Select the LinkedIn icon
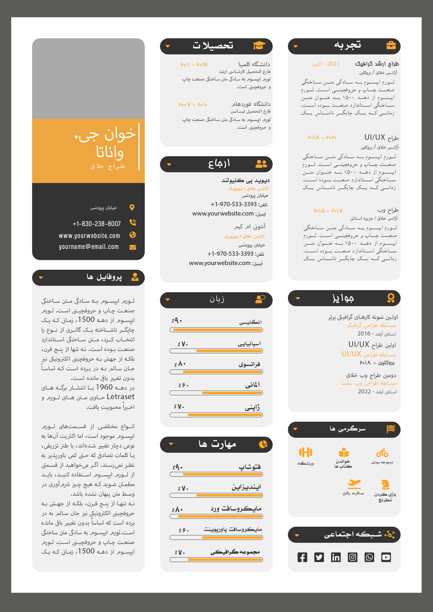[336, 557]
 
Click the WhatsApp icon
[369, 557]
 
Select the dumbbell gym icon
[305, 452]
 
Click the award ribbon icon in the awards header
[391, 298]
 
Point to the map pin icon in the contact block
[132, 207]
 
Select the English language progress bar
[216, 330]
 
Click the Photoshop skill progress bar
[216, 474]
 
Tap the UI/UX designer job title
[381, 138]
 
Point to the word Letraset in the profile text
[120, 397]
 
